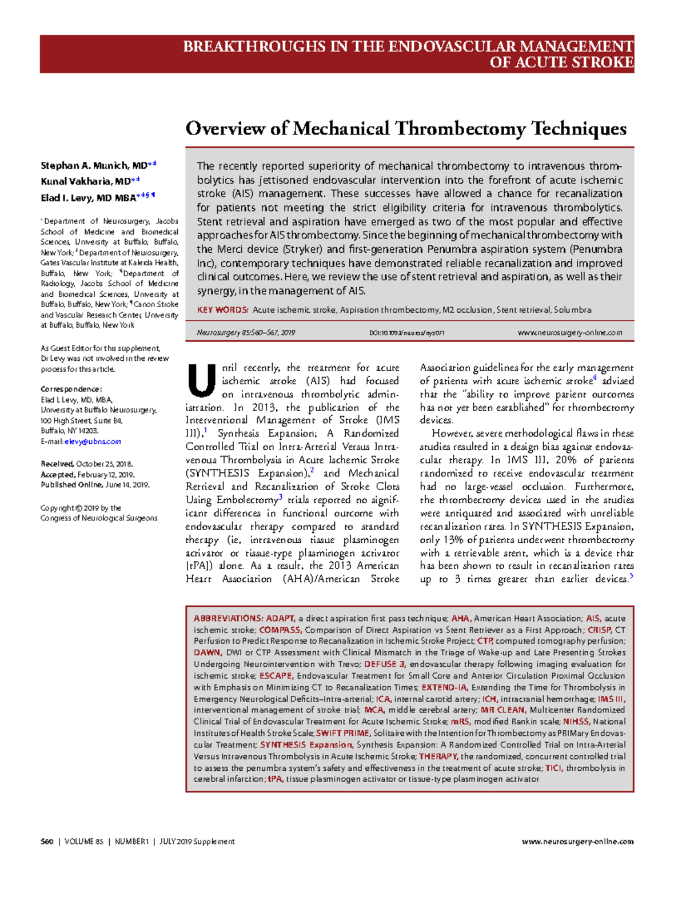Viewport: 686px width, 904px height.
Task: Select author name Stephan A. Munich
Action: tap(86, 166)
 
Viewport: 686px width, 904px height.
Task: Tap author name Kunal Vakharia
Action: tap(77, 182)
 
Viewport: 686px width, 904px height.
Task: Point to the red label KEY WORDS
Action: tap(222, 310)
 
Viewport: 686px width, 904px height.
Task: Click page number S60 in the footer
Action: tap(47, 842)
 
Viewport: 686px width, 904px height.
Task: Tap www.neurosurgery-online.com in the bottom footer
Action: tap(577, 842)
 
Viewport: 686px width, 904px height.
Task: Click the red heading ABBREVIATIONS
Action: tap(228, 619)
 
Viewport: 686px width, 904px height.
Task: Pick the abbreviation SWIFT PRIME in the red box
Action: tap(342, 733)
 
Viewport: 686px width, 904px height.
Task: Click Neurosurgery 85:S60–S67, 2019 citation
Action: tap(246, 333)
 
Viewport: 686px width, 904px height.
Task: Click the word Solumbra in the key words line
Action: tap(572, 310)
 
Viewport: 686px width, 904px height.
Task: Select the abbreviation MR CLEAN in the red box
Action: tap(502, 710)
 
